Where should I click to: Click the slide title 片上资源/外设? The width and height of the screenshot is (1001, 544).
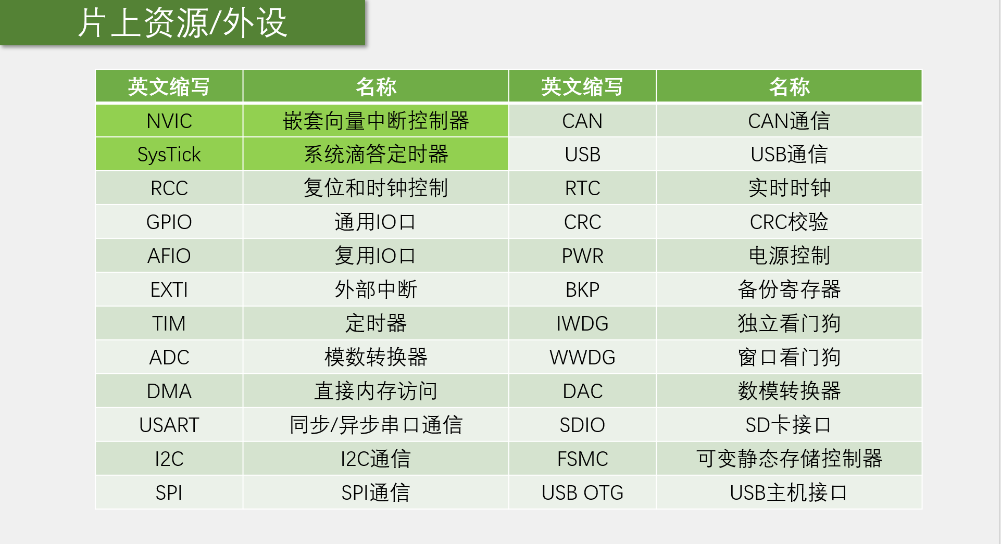182,23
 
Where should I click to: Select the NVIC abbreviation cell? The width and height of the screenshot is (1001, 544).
169,121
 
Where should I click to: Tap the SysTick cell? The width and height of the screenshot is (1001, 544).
169,155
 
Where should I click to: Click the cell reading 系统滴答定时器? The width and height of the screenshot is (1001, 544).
376,155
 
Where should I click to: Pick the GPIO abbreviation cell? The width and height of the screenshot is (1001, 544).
169,222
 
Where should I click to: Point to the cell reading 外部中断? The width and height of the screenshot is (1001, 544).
376,289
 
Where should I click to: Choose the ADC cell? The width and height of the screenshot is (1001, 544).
169,357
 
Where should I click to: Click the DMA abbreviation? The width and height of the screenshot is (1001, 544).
169,391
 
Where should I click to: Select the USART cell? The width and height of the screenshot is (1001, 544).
169,425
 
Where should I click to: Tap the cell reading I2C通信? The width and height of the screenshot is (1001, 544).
376,459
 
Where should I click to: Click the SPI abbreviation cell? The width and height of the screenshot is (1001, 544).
169,492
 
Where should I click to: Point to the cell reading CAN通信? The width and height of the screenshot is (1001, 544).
789,121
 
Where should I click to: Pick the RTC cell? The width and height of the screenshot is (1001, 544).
582,188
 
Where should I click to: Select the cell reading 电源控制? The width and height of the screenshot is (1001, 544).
789,256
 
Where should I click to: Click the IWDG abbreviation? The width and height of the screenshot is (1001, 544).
582,323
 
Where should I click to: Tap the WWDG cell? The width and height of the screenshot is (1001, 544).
582,357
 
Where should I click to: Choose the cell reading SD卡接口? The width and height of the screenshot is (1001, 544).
789,425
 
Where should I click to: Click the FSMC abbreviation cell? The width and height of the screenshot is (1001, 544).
582,459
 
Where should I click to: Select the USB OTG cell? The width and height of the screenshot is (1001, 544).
582,492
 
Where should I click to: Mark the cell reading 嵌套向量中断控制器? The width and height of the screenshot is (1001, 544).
376,121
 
